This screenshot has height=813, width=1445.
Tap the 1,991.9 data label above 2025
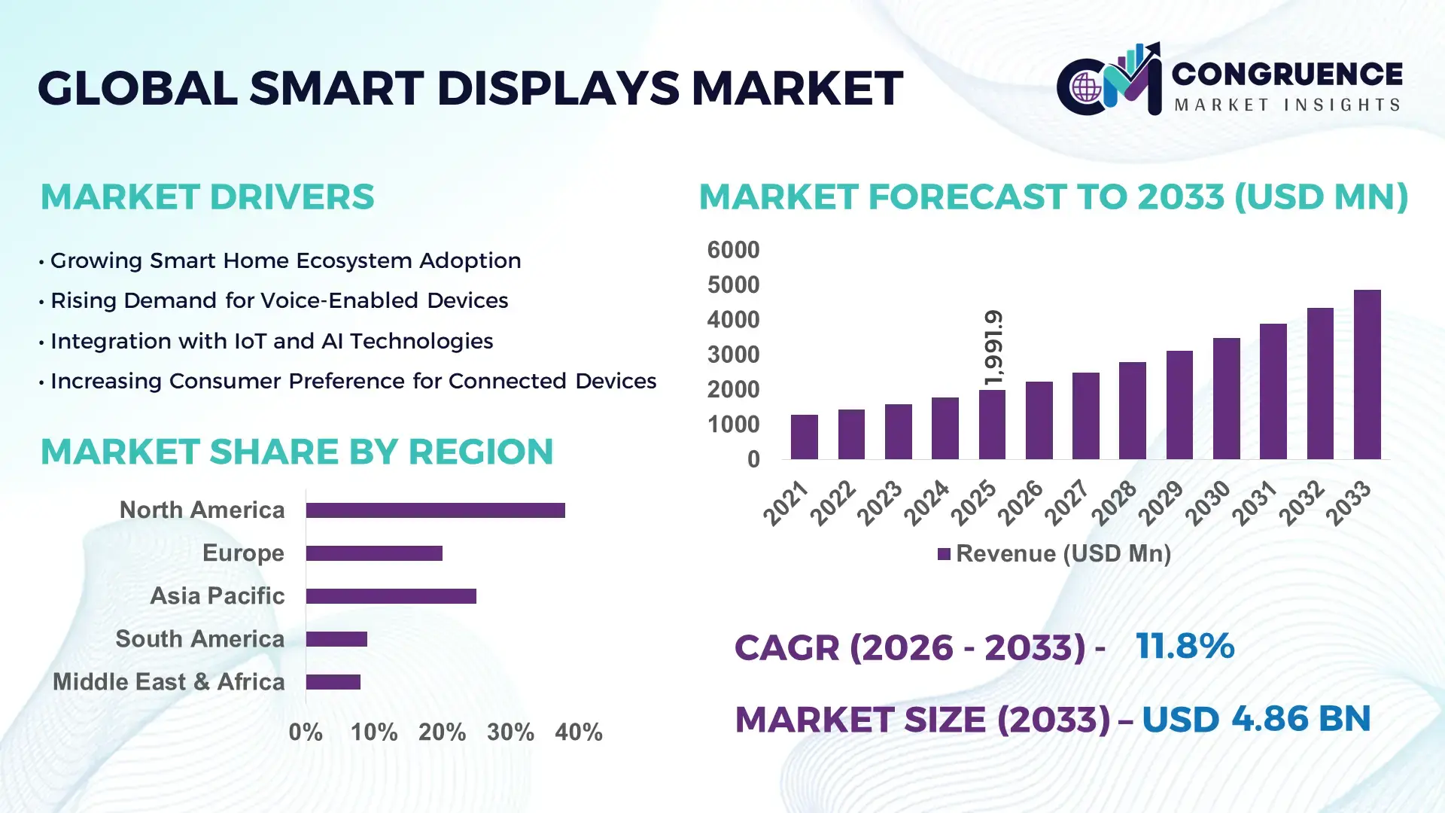(993, 348)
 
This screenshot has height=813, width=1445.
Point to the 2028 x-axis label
(1114, 503)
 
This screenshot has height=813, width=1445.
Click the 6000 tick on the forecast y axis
(733, 250)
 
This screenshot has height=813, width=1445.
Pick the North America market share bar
(435, 510)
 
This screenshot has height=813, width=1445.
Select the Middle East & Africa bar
(333, 682)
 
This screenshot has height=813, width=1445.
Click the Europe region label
(243, 553)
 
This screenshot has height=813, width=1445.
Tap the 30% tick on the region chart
(510, 732)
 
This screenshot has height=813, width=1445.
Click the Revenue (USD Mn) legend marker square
(944, 554)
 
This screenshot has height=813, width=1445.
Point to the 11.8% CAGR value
(1185, 646)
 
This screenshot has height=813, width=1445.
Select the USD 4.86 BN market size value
(1255, 719)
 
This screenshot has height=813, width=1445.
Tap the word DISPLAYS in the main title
(558, 88)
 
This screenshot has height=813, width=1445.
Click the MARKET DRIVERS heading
(207, 197)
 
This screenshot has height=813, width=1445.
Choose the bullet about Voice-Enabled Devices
(278, 300)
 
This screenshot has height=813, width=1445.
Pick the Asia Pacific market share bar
(391, 596)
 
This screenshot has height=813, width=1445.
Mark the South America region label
(199, 639)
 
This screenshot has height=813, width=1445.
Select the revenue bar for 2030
(1226, 399)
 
